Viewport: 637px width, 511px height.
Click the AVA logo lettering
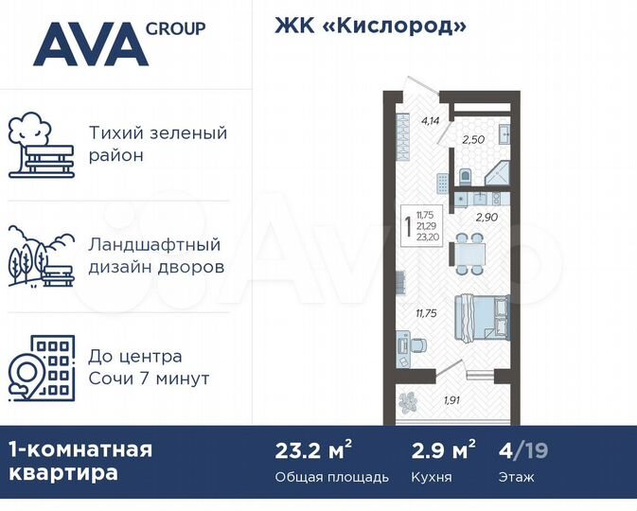(x=91, y=44)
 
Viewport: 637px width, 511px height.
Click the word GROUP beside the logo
(x=175, y=28)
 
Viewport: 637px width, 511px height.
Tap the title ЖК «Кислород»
(x=371, y=26)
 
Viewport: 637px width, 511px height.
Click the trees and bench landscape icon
(x=41, y=256)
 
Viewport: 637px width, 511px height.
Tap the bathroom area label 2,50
(x=472, y=140)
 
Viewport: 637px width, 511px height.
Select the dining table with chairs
(x=465, y=253)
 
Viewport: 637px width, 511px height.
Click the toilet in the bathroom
(x=465, y=177)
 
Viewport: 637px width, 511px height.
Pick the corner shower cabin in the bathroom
(x=496, y=174)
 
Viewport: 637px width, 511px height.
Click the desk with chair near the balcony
(x=405, y=344)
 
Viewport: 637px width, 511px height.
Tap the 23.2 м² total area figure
(x=301, y=449)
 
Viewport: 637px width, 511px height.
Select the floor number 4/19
(x=522, y=449)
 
